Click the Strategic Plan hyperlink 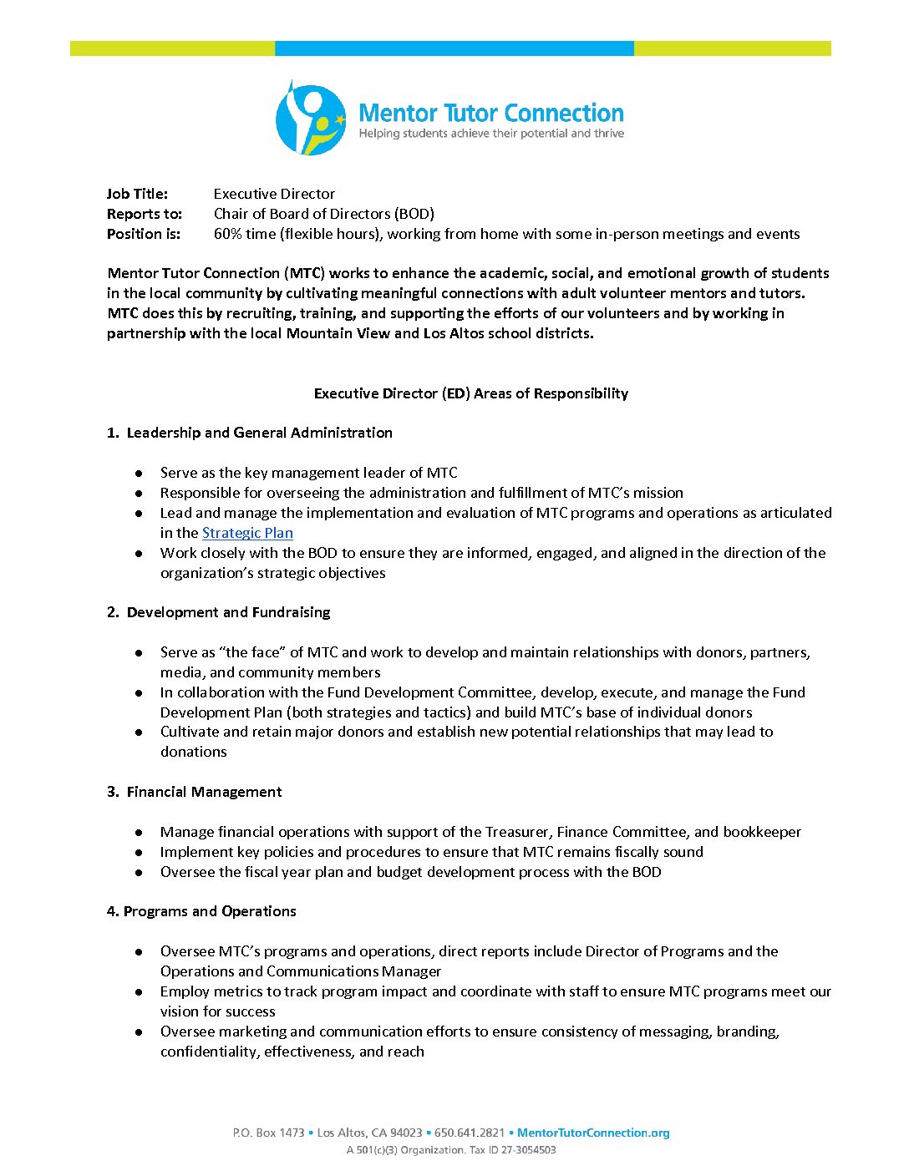click(x=247, y=533)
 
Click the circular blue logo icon click(x=310, y=119)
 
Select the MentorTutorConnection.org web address click(x=593, y=1133)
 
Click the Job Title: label click(x=137, y=194)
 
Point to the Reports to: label click(x=144, y=214)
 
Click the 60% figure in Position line click(x=227, y=234)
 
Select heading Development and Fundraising click(x=228, y=612)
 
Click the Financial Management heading click(x=204, y=792)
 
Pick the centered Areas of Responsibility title click(x=470, y=393)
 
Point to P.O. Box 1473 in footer click(x=268, y=1133)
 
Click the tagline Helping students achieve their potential click(x=491, y=134)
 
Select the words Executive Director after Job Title click(x=274, y=194)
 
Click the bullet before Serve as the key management click(x=139, y=474)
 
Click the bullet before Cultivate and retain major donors click(x=139, y=732)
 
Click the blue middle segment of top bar click(x=454, y=48)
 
